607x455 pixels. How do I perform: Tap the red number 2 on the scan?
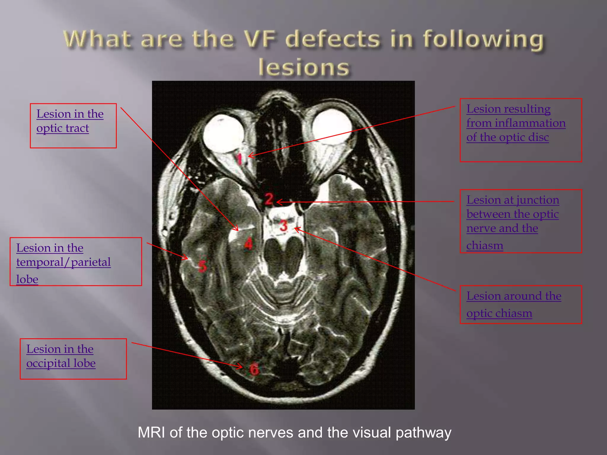coord(269,199)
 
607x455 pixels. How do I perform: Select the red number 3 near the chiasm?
coord(284,226)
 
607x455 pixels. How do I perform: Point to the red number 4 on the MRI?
coord(248,243)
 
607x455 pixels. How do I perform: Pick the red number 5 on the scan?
coord(202,266)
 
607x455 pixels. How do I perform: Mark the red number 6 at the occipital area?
coord(254,369)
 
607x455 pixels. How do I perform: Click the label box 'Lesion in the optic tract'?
coord(73,126)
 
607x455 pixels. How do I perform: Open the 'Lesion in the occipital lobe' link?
coord(61,356)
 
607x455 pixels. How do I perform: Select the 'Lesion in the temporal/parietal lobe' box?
coord(76,262)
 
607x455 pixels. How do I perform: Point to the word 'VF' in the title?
coord(269,39)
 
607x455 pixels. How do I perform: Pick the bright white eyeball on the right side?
coord(332,127)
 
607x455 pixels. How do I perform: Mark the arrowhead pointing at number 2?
coord(279,202)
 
